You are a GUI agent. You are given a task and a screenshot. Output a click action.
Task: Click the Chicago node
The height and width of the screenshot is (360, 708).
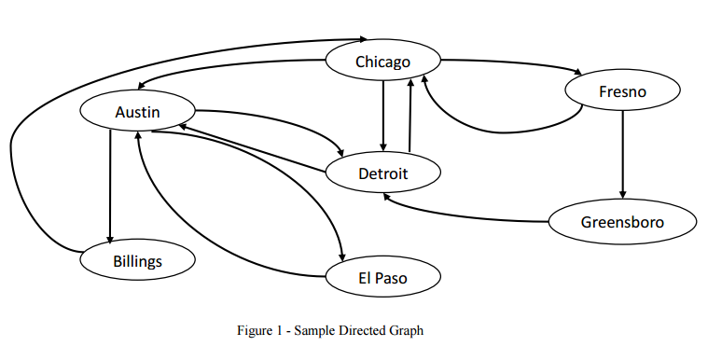[x=382, y=62]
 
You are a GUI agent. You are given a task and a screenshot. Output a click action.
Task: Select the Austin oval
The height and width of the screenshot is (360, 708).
[x=138, y=112]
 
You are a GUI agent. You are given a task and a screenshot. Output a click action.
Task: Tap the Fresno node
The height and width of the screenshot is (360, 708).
[x=622, y=91]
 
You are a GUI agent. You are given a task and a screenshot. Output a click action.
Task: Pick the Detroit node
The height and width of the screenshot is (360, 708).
[x=383, y=173]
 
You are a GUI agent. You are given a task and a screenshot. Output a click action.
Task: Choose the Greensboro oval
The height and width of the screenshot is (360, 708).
[x=622, y=222]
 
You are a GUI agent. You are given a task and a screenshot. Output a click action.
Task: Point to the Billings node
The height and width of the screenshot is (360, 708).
[x=138, y=260]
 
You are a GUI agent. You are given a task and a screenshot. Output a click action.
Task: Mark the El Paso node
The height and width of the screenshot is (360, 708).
[x=382, y=277]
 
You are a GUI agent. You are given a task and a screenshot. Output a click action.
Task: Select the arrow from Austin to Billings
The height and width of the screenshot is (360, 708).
[x=111, y=187]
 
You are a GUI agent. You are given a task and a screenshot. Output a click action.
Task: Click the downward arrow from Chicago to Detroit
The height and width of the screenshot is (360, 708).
[x=383, y=117]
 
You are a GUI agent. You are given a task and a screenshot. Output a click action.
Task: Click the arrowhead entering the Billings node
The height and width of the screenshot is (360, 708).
[x=111, y=239]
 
